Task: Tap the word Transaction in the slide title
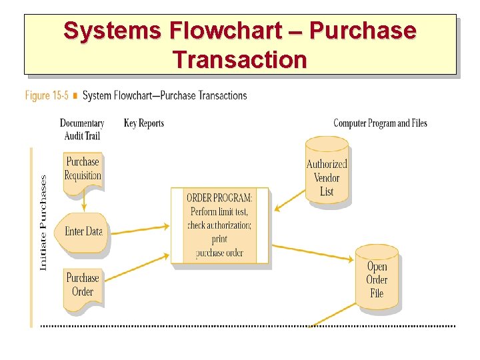pyautogui.click(x=240, y=59)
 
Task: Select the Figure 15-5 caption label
pyautogui.click(x=47, y=95)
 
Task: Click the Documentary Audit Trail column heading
pyautogui.click(x=82, y=129)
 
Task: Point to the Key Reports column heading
pyautogui.click(x=143, y=123)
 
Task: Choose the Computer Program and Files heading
pyautogui.click(x=380, y=123)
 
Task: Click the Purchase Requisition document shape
pyautogui.click(x=83, y=170)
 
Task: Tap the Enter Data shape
pyautogui.click(x=83, y=232)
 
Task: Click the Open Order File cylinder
pyautogui.click(x=377, y=277)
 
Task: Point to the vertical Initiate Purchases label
pyautogui.click(x=43, y=223)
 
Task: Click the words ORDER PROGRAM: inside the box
pyautogui.click(x=219, y=198)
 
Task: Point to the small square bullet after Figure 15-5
pyautogui.click(x=75, y=96)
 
